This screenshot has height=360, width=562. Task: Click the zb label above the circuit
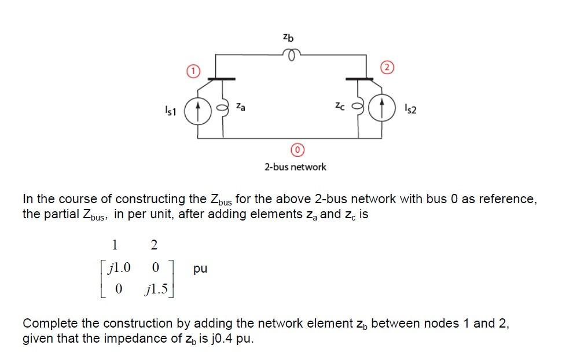(288, 38)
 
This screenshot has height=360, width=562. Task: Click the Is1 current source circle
(197, 108)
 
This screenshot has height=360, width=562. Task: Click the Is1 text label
(172, 109)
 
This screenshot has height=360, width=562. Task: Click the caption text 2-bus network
(295, 167)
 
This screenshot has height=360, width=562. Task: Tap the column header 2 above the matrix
(153, 245)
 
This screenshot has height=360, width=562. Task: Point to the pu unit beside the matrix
(200, 269)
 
